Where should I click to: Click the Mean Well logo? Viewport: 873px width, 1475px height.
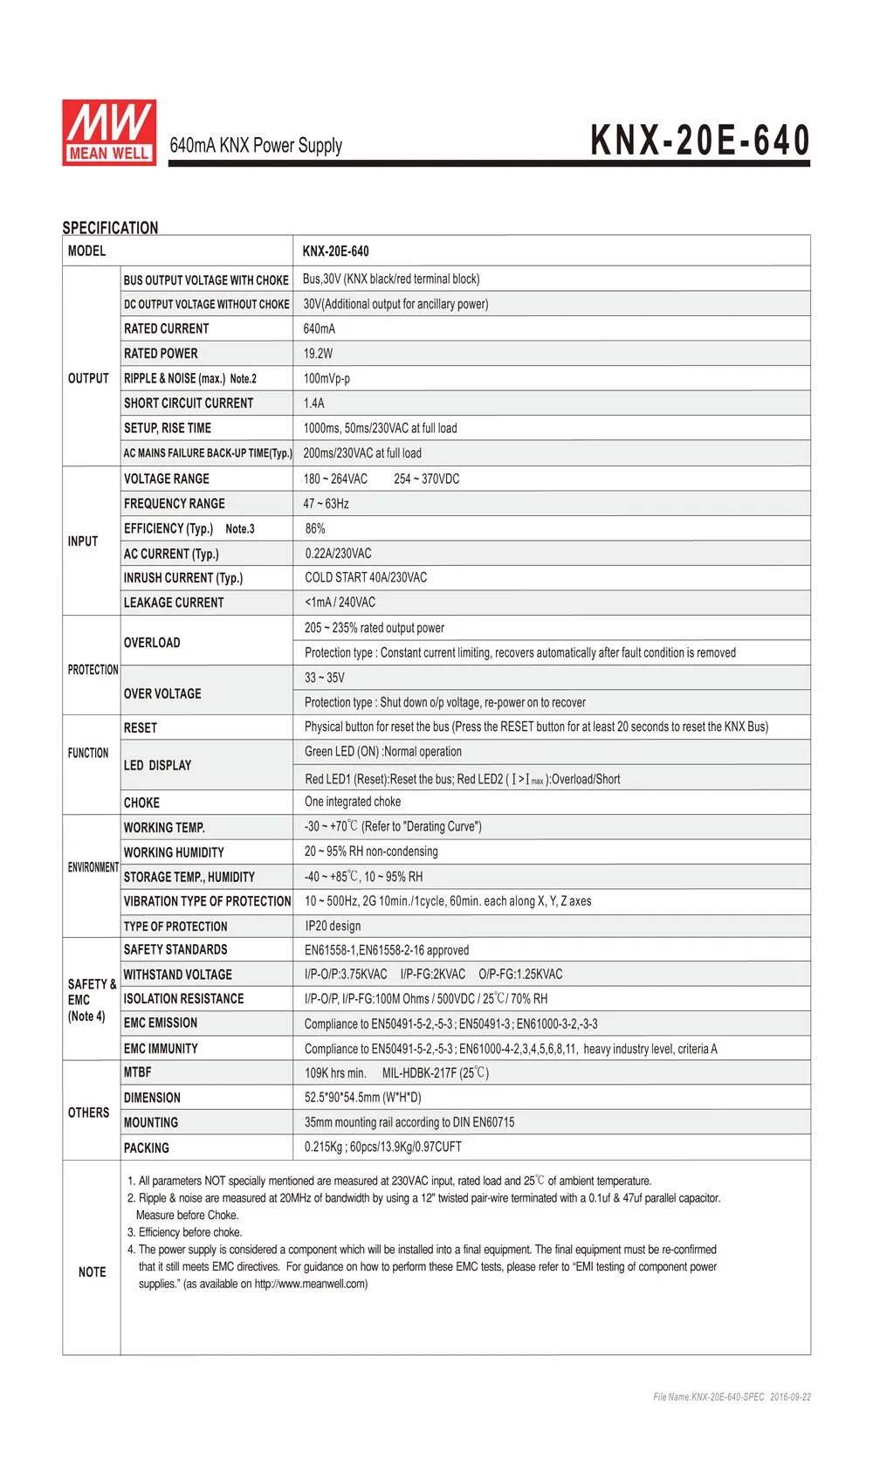(x=109, y=133)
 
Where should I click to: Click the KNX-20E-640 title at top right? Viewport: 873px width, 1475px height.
(x=700, y=141)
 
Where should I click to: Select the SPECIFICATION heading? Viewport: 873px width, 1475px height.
(x=110, y=228)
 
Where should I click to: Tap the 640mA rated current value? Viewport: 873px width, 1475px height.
(x=319, y=329)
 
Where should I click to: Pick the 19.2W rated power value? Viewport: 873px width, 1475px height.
(x=318, y=354)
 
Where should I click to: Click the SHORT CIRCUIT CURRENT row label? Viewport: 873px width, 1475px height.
(x=189, y=403)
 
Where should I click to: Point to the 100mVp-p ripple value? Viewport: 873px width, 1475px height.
(x=327, y=379)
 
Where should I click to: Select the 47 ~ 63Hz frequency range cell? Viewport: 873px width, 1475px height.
(x=326, y=504)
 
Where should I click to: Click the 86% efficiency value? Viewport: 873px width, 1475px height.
(x=315, y=528)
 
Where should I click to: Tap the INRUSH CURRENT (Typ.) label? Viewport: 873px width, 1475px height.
(x=183, y=578)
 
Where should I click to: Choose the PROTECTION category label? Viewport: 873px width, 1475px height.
(x=93, y=670)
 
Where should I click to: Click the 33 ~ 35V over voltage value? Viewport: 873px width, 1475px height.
(x=324, y=678)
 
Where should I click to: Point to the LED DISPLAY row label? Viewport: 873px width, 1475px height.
(x=157, y=765)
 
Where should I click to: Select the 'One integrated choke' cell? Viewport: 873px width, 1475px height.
(x=353, y=802)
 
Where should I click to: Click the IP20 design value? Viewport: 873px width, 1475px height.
(x=333, y=926)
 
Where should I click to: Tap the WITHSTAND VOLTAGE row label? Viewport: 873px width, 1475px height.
(x=178, y=975)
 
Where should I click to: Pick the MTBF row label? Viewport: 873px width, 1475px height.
(x=137, y=1072)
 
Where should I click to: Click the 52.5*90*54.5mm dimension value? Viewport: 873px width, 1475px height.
(x=362, y=1098)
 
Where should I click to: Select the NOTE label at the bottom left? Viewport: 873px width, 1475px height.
(x=92, y=1272)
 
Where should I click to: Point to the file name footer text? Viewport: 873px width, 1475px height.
(x=732, y=1397)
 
